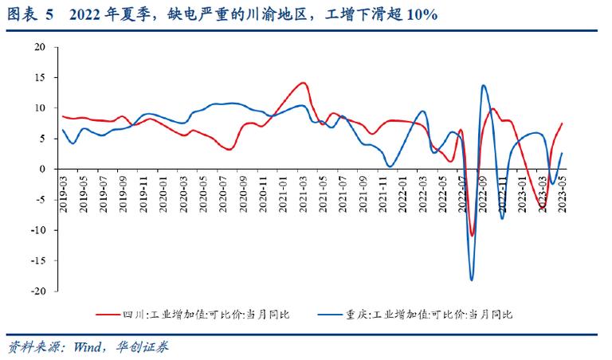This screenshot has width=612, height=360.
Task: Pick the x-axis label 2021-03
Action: [303, 193]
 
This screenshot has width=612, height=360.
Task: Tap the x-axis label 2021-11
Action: [383, 193]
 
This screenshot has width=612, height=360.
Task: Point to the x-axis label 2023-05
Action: [563, 193]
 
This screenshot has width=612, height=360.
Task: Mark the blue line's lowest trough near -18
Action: [472, 280]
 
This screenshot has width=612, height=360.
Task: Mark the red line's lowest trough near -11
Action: [472, 235]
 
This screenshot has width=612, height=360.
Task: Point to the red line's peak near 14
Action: [303, 83]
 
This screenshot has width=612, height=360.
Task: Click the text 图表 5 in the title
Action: [29, 15]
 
